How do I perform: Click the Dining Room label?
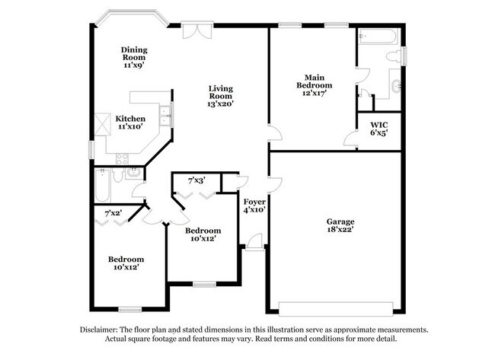point(134,56)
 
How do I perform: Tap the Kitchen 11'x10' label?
point(131,123)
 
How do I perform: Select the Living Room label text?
point(221,96)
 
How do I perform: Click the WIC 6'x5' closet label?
point(379,129)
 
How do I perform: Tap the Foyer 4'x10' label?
point(254,205)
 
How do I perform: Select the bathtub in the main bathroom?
point(375,37)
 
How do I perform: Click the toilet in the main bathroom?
point(394,56)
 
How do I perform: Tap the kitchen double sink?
point(164,116)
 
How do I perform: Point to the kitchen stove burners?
point(120,158)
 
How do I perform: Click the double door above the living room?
point(194,30)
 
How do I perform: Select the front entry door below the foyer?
point(254,243)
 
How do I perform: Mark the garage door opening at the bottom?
point(336,308)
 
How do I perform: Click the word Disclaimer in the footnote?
point(101,330)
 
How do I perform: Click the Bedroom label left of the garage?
point(203,234)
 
